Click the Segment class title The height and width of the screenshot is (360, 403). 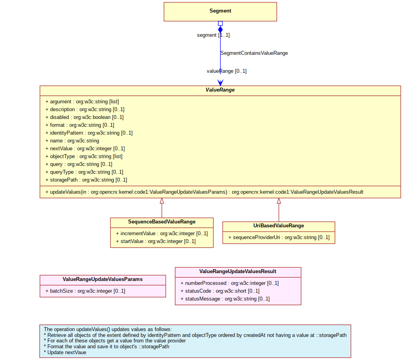point(220,11)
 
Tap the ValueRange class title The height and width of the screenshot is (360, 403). point(220,90)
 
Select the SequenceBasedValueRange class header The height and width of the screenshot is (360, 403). point(162,222)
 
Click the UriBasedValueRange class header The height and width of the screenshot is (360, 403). point(278,226)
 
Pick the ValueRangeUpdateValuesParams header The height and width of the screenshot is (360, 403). point(103,279)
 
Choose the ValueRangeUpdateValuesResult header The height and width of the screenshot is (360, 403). point(238,272)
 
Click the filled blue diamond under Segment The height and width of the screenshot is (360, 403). point(220,30)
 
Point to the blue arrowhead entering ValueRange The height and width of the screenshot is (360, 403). point(220,83)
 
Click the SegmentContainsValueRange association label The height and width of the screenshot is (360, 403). point(254,53)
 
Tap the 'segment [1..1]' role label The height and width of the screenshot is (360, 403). point(213,35)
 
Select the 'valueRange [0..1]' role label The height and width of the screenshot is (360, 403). point(226,71)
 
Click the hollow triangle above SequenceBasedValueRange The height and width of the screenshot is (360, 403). point(162,201)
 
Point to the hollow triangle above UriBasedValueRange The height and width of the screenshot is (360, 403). point(279,201)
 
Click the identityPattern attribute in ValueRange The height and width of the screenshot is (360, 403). point(89,133)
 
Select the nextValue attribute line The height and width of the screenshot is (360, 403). point(85,149)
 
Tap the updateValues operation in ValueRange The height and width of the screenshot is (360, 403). point(204,192)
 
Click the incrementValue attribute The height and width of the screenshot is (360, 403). point(162,234)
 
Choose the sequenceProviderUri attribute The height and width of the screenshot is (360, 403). point(279,238)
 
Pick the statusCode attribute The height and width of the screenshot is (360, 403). point(220,291)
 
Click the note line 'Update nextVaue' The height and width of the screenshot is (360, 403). point(65,353)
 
